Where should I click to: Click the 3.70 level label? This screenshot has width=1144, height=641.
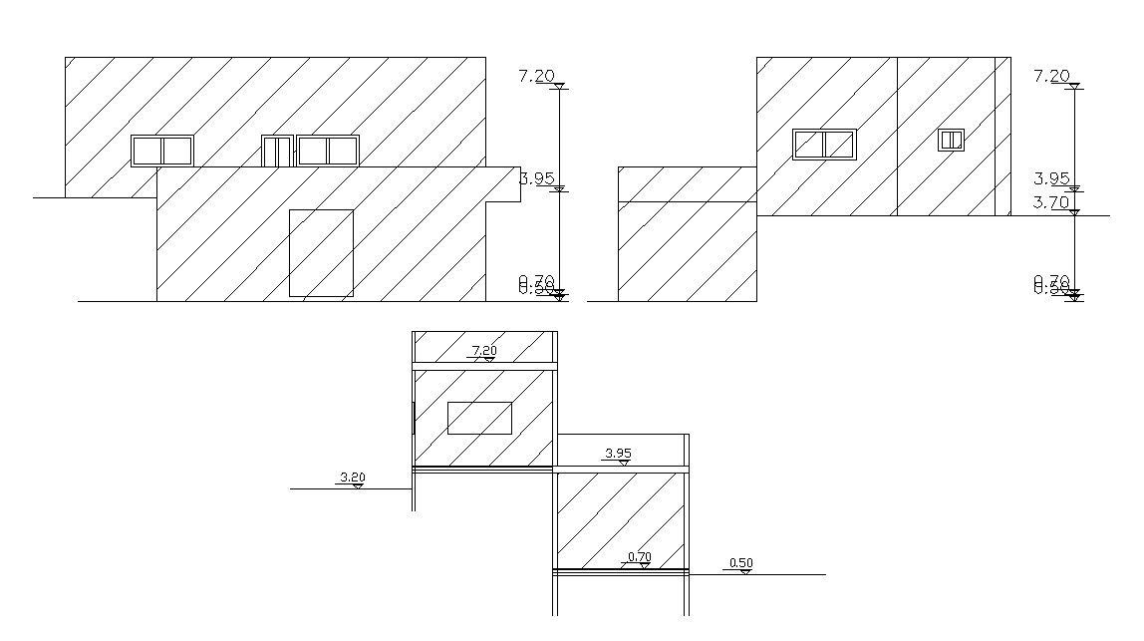[x=1051, y=202]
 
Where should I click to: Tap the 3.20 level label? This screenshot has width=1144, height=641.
[x=352, y=478]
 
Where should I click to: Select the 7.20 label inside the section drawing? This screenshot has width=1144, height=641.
[x=484, y=350]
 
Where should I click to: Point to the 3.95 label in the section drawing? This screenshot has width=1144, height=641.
[x=618, y=454]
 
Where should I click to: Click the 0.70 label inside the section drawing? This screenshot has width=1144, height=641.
[x=639, y=556]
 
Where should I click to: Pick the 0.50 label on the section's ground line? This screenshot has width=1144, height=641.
[x=740, y=563]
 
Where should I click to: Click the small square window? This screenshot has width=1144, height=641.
[x=951, y=141]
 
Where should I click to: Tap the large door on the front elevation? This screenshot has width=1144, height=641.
[x=321, y=253]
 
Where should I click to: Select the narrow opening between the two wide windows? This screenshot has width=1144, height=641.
[x=276, y=151]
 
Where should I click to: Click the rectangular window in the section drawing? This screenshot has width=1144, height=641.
[x=479, y=418]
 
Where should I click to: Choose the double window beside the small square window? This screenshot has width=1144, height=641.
[x=824, y=145]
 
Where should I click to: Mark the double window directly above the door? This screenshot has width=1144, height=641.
[x=328, y=151]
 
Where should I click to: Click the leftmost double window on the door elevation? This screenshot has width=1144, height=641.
[x=162, y=151]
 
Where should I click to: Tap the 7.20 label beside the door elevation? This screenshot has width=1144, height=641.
[x=537, y=76]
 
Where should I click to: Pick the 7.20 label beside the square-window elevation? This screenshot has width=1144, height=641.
[x=1051, y=76]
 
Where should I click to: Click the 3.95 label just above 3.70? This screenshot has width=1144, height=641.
[x=1051, y=179]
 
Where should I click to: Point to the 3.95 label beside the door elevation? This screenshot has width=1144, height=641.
[x=537, y=179]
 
